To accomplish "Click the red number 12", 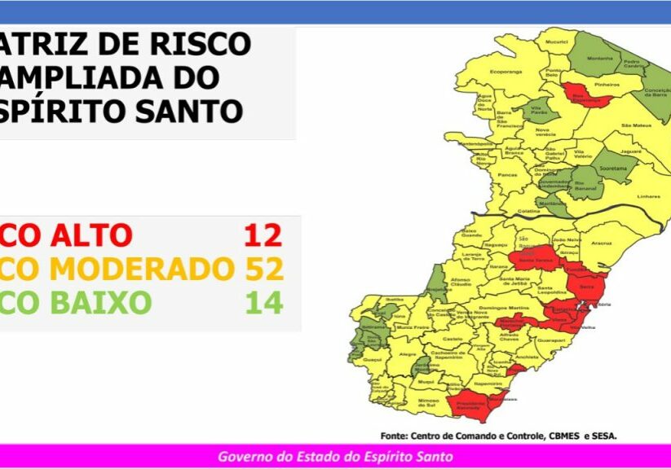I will [x=263, y=235].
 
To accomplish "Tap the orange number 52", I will [x=264, y=269].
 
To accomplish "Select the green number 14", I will [x=264, y=303].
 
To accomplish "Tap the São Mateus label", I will [x=633, y=125].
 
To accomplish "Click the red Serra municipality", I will [x=586, y=287].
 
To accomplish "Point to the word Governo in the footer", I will [x=242, y=457].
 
